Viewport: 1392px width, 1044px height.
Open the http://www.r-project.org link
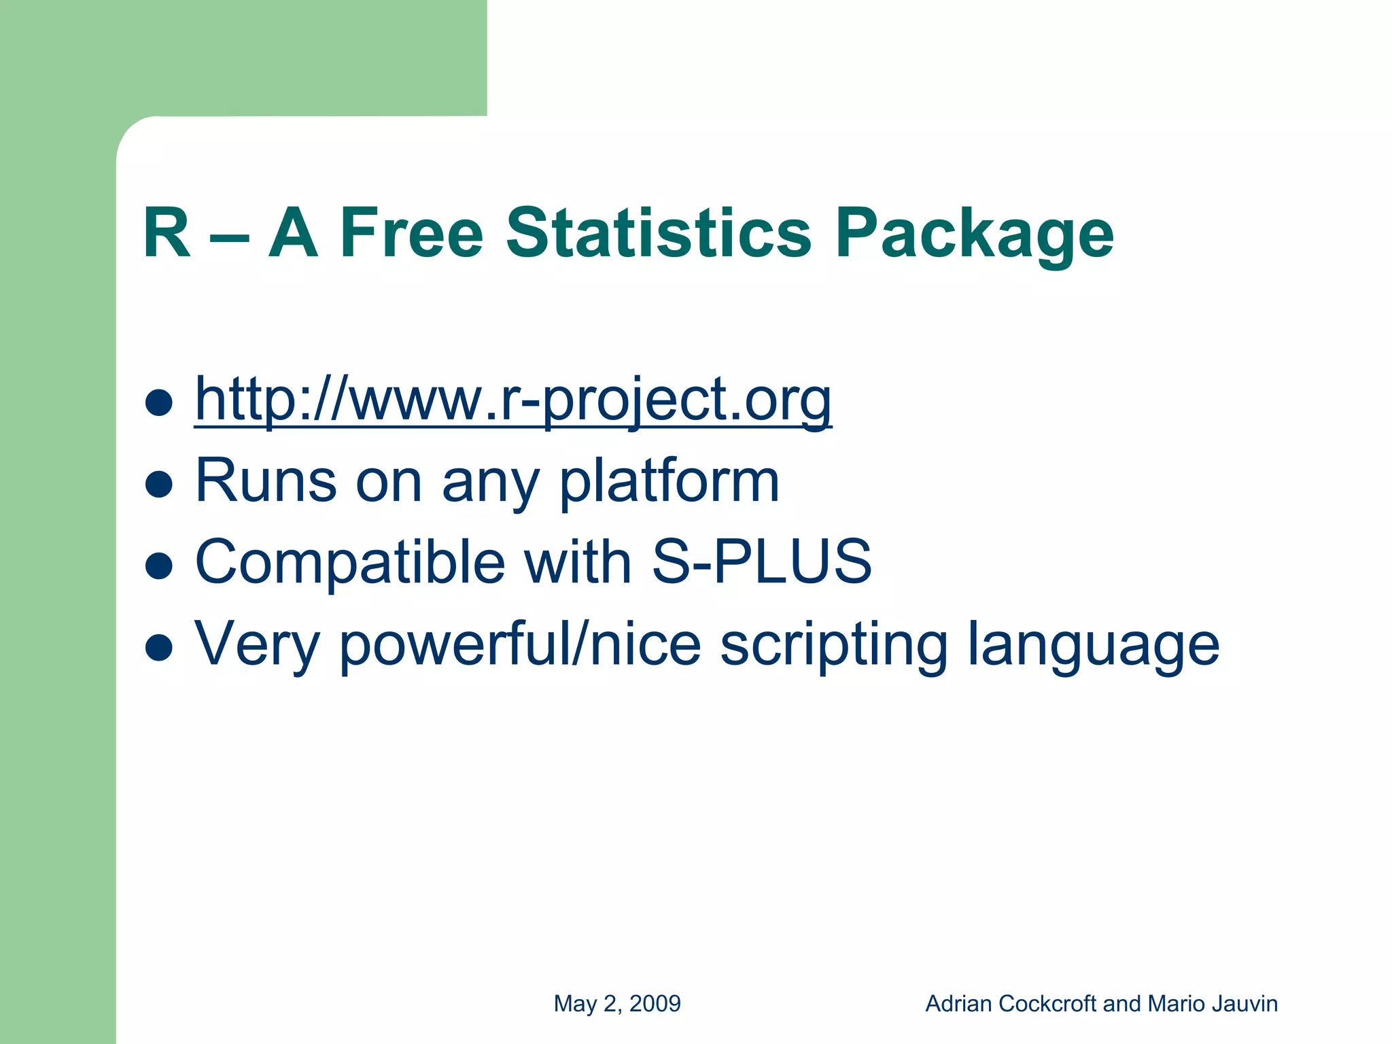point(512,401)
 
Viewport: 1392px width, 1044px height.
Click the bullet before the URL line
point(159,402)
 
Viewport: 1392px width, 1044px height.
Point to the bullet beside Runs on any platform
point(159,484)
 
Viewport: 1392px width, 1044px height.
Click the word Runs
point(266,481)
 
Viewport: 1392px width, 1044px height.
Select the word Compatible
point(350,563)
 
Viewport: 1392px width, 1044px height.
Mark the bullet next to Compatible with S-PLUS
point(159,565)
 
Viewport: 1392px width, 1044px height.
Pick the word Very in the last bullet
point(257,644)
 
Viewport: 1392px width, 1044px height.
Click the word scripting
point(833,644)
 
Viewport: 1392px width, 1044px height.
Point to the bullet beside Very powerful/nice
point(159,647)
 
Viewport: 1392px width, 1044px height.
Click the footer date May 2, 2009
point(617,1004)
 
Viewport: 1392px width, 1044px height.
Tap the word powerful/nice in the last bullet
point(520,644)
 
